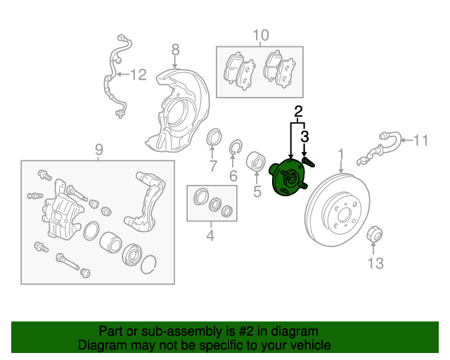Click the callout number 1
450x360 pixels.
point(341,153)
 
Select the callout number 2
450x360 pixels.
point(298,111)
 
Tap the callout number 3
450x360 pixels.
point(304,135)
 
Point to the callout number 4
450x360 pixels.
point(210,236)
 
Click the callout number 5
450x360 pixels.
point(257,190)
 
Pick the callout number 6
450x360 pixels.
point(233,176)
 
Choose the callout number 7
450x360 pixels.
point(212,167)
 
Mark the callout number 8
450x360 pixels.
point(175,49)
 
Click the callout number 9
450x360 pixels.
point(99,148)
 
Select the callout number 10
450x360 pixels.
point(260,35)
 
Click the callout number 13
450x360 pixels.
point(375,263)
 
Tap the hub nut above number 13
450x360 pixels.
point(375,233)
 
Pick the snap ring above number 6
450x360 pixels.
point(236,147)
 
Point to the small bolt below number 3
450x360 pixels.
point(308,161)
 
